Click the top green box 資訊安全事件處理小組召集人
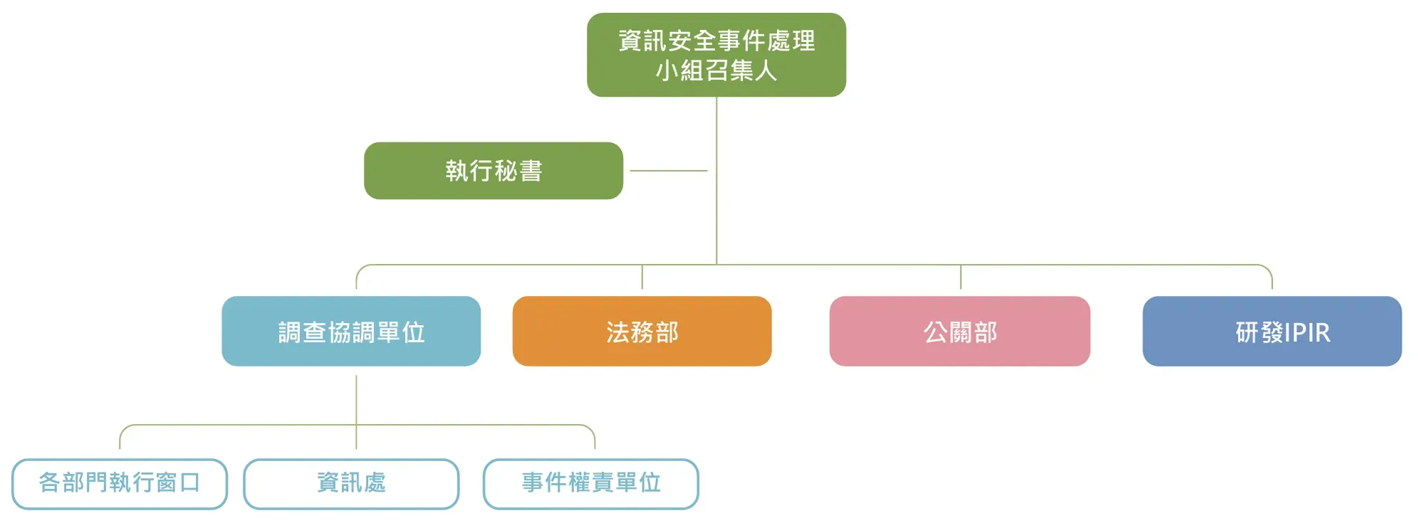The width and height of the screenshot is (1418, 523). point(716,55)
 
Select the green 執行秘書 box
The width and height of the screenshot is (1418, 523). point(494,171)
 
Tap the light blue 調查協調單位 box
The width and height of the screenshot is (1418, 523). point(351,331)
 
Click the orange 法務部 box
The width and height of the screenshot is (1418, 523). point(642,331)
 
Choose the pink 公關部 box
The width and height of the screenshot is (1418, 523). point(959,331)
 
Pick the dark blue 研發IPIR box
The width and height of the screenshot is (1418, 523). point(1272,331)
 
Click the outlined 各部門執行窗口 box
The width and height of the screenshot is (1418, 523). point(120,484)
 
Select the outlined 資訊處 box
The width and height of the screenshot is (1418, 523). point(351,484)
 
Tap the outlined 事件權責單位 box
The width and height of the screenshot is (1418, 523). point(591,484)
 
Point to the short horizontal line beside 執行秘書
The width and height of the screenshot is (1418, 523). point(669,171)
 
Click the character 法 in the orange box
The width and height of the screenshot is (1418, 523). point(617,332)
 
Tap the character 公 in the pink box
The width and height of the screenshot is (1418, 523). point(935,332)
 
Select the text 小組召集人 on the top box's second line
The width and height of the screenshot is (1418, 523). point(716,70)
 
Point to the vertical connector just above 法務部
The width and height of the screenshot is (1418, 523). point(642,277)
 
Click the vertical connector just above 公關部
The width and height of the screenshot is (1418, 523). point(961,277)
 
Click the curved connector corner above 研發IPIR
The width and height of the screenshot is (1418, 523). point(1268,269)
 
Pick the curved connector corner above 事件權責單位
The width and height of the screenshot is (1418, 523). point(590,429)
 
